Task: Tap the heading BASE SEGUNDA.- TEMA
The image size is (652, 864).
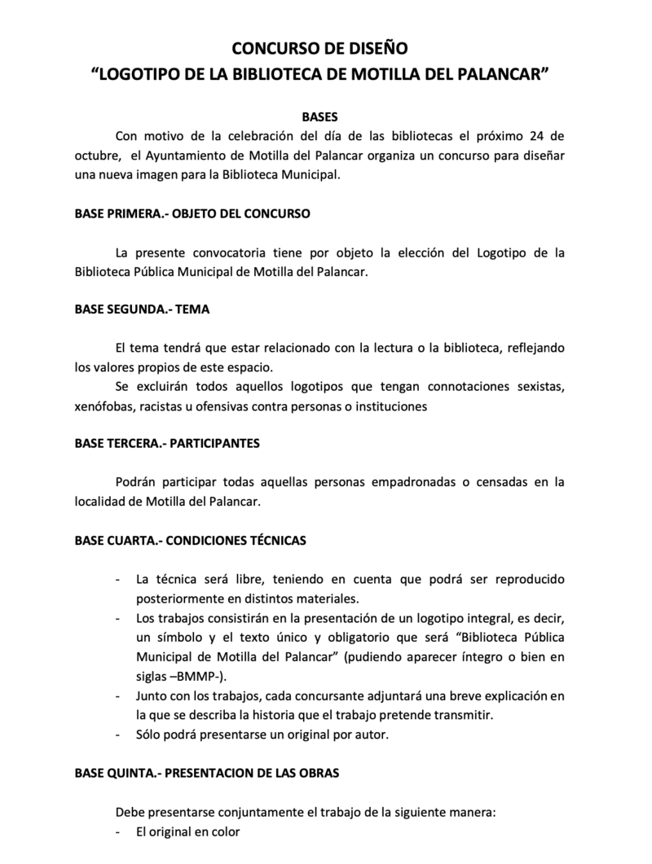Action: pyautogui.click(x=143, y=309)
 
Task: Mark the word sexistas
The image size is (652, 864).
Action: pyautogui.click(x=539, y=386)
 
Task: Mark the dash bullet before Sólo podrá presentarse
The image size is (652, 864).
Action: pyautogui.click(x=119, y=735)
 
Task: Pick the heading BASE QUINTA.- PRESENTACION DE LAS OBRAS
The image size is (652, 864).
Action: pyautogui.click(x=207, y=773)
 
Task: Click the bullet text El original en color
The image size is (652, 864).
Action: pyautogui.click(x=188, y=831)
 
